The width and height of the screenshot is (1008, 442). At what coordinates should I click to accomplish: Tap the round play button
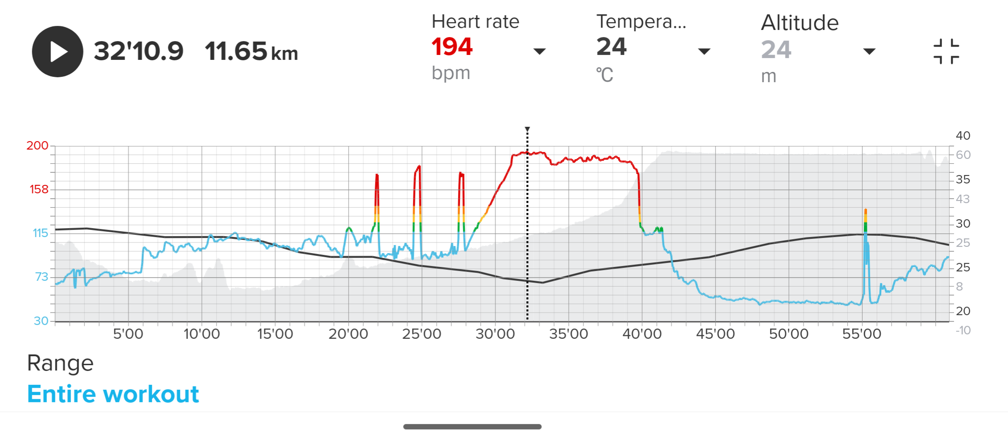click(x=58, y=51)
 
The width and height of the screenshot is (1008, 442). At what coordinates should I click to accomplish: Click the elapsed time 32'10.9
click(x=138, y=51)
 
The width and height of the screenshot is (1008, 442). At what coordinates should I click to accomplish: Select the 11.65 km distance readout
click(x=251, y=51)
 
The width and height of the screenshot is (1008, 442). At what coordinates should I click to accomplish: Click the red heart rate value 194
click(x=452, y=47)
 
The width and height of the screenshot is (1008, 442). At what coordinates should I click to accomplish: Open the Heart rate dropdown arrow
click(x=539, y=51)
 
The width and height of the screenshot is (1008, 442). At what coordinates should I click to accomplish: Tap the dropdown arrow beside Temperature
click(x=704, y=51)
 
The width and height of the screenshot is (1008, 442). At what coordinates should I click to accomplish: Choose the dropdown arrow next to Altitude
click(x=869, y=51)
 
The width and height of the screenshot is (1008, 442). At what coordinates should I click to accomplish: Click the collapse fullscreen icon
click(x=946, y=51)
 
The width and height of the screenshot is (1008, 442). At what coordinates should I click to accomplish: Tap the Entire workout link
click(x=113, y=394)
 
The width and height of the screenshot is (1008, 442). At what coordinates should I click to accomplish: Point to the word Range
click(x=60, y=363)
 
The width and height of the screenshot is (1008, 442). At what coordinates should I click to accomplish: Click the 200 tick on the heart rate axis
click(x=37, y=146)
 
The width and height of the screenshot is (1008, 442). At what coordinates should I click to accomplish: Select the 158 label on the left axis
click(x=39, y=189)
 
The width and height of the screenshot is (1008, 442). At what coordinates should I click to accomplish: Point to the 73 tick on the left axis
click(x=42, y=277)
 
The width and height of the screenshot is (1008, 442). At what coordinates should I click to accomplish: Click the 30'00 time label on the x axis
click(x=495, y=334)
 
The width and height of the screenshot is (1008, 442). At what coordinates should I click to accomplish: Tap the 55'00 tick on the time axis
click(x=862, y=334)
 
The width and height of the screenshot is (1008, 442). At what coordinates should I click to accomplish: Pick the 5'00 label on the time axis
click(x=128, y=334)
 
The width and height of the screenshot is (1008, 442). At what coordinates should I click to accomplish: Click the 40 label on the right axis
click(x=963, y=136)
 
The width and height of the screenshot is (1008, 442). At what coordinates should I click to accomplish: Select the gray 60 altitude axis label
click(x=963, y=155)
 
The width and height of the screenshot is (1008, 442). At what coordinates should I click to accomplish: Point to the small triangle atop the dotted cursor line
click(x=527, y=129)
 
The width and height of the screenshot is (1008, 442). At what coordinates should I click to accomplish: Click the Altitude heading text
click(x=800, y=23)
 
